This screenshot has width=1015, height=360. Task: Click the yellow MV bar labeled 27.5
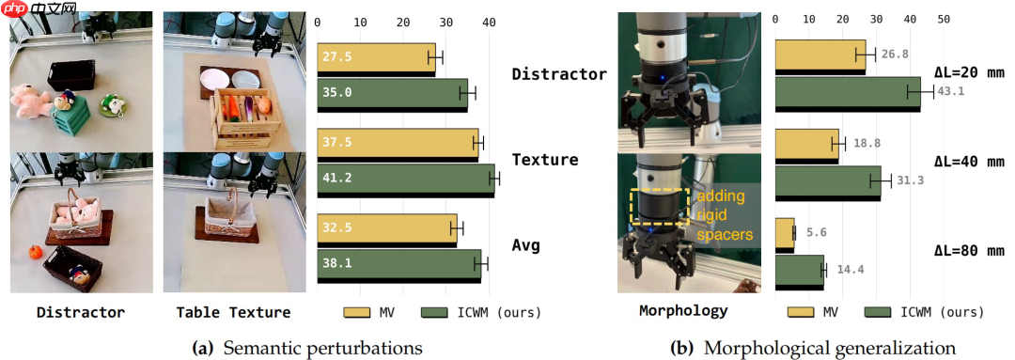[x=376, y=58]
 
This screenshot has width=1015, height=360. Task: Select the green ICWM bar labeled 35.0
[x=392, y=94]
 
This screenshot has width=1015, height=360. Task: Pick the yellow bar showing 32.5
[x=387, y=229]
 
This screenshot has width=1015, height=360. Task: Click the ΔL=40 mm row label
[x=968, y=161]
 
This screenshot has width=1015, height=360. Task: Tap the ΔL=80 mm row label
[x=968, y=251]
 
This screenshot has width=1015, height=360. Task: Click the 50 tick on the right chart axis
[x=943, y=20]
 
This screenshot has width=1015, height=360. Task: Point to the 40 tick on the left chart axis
[x=490, y=22]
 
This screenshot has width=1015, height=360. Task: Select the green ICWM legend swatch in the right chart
[x=879, y=313]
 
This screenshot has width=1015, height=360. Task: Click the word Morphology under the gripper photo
[x=683, y=311]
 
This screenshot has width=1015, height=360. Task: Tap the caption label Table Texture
[x=234, y=313]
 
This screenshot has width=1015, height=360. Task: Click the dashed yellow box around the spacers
[x=658, y=189]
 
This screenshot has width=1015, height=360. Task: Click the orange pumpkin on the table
[x=35, y=253]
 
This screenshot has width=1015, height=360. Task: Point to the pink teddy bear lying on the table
[x=29, y=101]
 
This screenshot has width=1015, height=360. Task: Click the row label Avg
[x=525, y=246]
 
